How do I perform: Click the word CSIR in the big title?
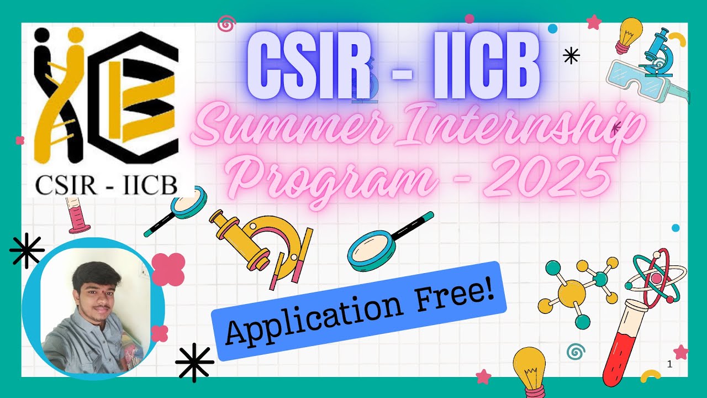click(x=307, y=66)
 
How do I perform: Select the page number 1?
click(x=669, y=364)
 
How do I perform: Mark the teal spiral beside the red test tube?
click(x=576, y=351)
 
